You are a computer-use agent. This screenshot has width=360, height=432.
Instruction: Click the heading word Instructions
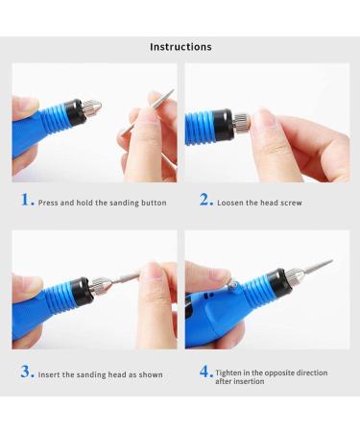point(180,46)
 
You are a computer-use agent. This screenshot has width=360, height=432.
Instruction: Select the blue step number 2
point(205,201)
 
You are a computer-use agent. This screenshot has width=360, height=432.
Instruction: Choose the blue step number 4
point(205,372)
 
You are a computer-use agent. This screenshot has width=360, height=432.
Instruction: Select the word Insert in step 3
point(51,374)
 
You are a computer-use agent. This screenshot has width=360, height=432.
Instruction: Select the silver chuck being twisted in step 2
point(241,122)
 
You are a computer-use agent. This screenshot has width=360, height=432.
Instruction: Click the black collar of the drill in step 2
point(225,122)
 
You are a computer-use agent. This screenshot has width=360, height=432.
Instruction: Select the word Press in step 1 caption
point(51,203)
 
